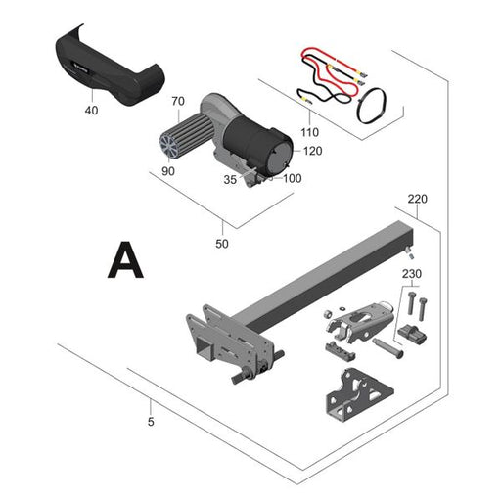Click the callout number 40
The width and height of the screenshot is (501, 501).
coord(91,111)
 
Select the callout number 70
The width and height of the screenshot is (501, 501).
coord(178,101)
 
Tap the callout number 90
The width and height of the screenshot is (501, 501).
coord(168,171)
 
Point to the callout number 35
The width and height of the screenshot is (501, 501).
coord(230,180)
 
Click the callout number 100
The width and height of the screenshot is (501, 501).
coord(292,178)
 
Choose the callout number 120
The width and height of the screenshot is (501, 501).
coord(312,151)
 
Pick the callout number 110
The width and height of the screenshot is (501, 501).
coord(309,132)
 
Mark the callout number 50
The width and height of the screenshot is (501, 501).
coord(222,244)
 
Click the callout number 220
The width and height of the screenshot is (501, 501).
coord(418,199)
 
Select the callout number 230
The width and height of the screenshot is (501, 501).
coord(412,274)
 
